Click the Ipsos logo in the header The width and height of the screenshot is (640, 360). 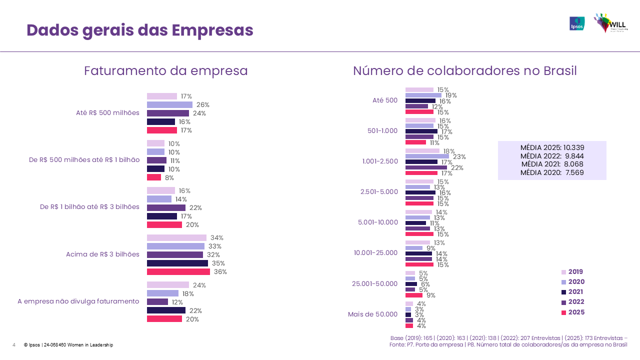[576, 23]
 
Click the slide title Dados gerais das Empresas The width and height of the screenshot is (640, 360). [140, 30]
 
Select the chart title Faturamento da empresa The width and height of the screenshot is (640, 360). [165, 71]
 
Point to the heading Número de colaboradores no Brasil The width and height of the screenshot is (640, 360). [464, 71]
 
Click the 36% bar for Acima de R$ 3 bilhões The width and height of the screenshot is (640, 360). [178, 272]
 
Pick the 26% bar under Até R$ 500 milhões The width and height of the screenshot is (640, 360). [169, 105]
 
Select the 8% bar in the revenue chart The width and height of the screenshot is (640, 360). [154, 177]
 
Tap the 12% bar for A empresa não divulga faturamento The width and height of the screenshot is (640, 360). [157, 302]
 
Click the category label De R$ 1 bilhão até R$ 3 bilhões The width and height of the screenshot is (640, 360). [89, 207]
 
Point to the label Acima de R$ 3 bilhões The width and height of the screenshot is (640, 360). [102, 254]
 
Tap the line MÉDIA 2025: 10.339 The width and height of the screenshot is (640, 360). [552, 147]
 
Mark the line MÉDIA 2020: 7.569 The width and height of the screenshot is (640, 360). [552, 173]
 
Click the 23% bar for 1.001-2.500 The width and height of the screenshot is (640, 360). [427, 156]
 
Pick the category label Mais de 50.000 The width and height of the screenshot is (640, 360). [372, 314]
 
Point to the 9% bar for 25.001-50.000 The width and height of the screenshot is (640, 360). [414, 295]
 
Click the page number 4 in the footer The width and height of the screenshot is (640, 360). [13, 345]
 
